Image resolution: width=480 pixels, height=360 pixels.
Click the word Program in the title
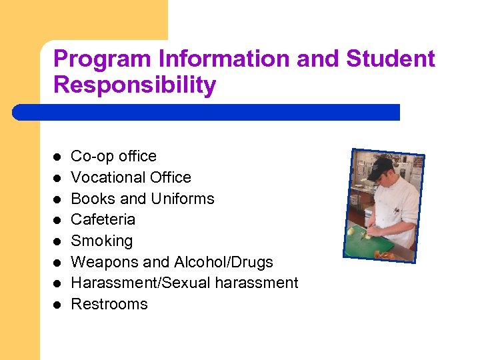coord(103,59)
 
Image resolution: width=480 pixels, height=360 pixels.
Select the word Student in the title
coord(390,59)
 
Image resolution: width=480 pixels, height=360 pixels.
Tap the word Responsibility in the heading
coord(135,85)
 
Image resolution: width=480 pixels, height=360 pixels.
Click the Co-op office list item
coord(113,156)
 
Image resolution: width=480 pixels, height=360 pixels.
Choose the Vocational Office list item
coord(131,177)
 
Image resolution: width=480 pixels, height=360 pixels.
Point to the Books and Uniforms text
coord(142,199)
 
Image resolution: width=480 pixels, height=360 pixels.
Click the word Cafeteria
coord(103,219)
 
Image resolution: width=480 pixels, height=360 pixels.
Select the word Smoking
coord(101,241)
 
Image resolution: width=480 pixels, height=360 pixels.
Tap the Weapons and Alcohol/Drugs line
coord(171,262)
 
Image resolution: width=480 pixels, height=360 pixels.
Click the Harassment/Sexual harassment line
coord(184,283)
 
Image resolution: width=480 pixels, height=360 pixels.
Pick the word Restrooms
coord(109,304)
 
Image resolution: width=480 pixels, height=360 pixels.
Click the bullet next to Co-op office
coord(57,157)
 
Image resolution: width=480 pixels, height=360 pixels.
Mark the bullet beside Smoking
coord(57,241)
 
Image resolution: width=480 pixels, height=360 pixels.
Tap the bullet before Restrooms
coord(57,305)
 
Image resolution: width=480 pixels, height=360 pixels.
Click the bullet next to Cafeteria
coord(57,220)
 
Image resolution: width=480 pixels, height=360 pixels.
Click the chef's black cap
coord(382,166)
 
